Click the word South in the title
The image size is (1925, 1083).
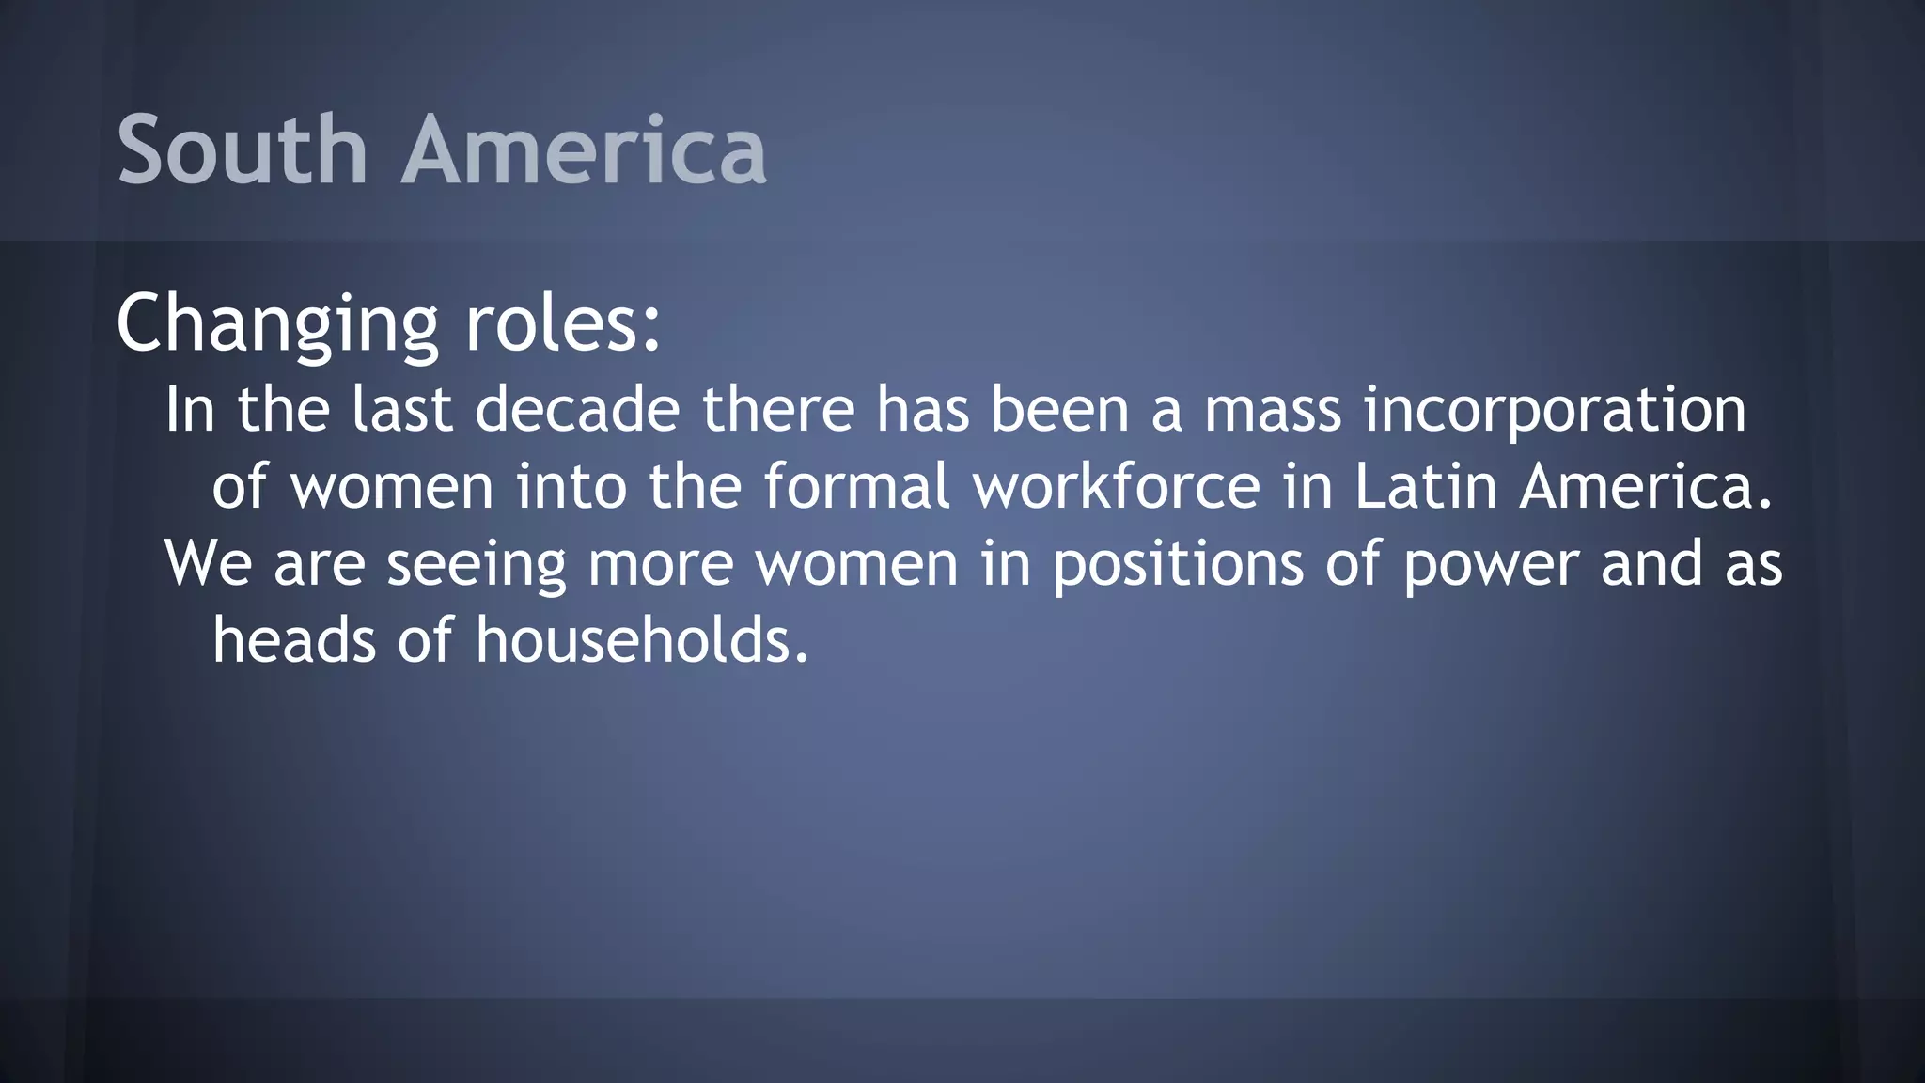[x=242, y=149]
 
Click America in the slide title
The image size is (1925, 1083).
[x=584, y=149]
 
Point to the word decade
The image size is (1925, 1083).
[x=577, y=410]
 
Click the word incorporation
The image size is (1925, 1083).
[x=1555, y=410]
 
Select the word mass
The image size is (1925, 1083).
[x=1273, y=410]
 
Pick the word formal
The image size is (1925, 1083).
[x=856, y=487]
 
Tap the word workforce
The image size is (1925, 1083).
[x=1116, y=487]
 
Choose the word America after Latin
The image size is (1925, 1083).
[x=1645, y=487]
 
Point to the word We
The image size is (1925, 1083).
[x=209, y=564]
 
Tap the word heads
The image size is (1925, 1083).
[x=294, y=641]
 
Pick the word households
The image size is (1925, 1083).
[x=641, y=641]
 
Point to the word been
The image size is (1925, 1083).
[x=1059, y=410]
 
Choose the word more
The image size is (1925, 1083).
[x=660, y=564]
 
